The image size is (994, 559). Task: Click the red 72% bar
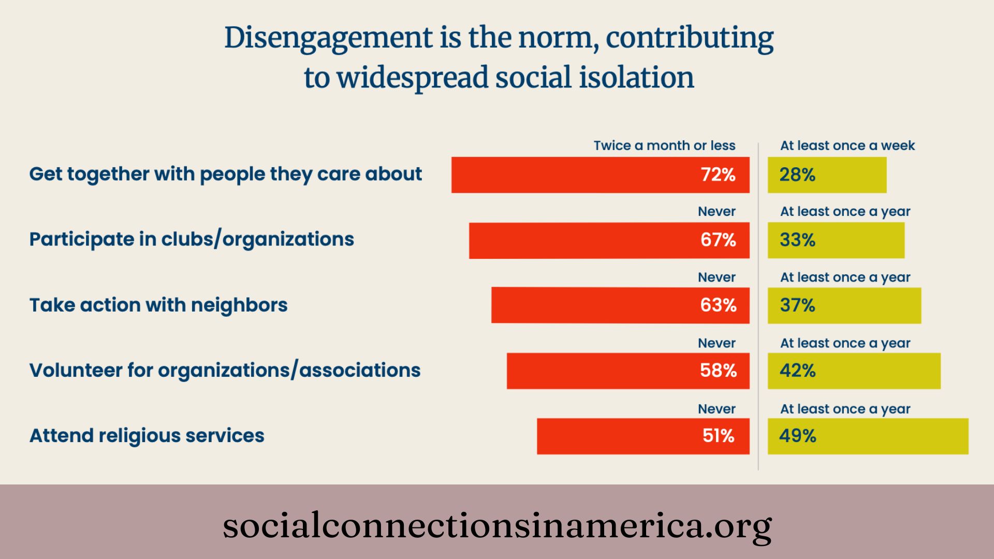(x=600, y=175)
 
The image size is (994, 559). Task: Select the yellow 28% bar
(x=827, y=175)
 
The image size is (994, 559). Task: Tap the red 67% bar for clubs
(x=609, y=240)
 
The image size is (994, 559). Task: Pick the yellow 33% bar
(x=836, y=240)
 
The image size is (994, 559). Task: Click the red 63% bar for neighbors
(x=620, y=305)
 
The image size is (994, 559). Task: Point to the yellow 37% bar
(x=844, y=305)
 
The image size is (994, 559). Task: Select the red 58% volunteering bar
(x=628, y=371)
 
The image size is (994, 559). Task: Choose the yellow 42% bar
(x=854, y=371)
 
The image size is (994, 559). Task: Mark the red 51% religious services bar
(x=643, y=436)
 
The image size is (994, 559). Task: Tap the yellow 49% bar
(x=868, y=436)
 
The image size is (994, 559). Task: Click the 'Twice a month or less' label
(x=664, y=145)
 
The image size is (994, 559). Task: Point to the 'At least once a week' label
(x=847, y=145)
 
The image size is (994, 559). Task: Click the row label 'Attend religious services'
(x=147, y=436)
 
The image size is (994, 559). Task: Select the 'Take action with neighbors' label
(x=158, y=305)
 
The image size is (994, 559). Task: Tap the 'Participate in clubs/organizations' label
(x=192, y=239)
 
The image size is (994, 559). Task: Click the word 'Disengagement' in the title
(x=329, y=38)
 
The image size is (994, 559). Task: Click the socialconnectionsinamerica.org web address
(x=497, y=525)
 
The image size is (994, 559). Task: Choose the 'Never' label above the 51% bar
(x=717, y=409)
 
